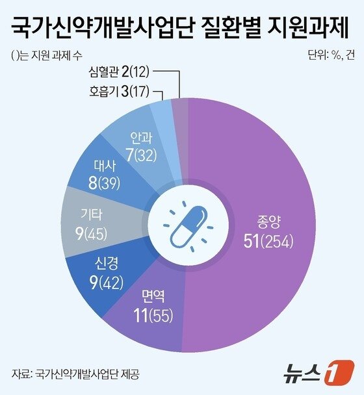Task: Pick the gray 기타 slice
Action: tap(91, 224)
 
